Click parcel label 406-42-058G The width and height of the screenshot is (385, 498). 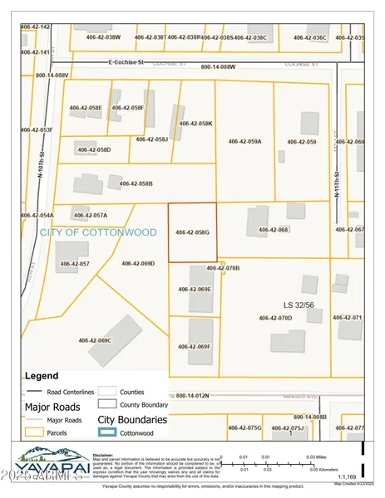(x=193, y=232)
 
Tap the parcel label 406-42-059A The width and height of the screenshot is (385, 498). (x=244, y=142)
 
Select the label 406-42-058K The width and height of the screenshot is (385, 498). (x=196, y=124)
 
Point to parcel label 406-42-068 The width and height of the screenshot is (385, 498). (x=273, y=229)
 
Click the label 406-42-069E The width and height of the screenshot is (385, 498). (x=195, y=289)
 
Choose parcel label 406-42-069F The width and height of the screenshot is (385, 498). (x=195, y=346)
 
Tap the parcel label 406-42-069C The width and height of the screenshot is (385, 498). (x=95, y=340)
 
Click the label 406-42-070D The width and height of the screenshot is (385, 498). (x=275, y=318)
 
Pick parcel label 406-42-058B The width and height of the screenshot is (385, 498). (x=136, y=183)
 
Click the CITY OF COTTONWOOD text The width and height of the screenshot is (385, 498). (x=97, y=232)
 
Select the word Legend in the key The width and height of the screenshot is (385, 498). (x=42, y=375)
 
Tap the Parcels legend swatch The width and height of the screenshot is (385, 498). (x=35, y=433)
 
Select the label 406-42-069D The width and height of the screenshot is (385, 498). (x=138, y=263)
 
